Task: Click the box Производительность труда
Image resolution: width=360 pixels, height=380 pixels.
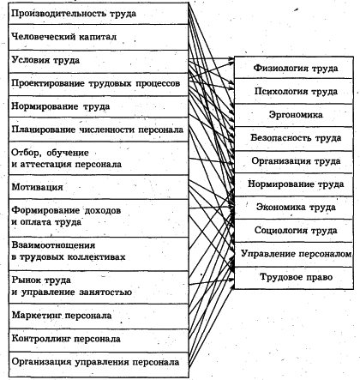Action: click(x=94, y=15)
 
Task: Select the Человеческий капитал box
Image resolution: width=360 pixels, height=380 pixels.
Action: click(x=94, y=38)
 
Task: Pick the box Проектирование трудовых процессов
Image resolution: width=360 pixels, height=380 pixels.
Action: click(x=94, y=84)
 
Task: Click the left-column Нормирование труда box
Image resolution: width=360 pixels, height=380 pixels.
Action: click(x=94, y=107)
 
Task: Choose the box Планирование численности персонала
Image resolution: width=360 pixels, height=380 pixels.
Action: click(x=94, y=130)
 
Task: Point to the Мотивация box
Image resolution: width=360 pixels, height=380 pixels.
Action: click(x=94, y=185)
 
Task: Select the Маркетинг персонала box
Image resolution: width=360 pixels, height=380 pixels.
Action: click(x=94, y=316)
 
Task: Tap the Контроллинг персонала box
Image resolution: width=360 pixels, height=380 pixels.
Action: click(x=94, y=339)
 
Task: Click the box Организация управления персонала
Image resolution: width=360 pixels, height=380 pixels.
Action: click(x=94, y=363)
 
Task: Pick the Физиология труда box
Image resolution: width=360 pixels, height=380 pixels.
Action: click(x=294, y=68)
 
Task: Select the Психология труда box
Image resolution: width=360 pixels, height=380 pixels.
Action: click(x=294, y=90)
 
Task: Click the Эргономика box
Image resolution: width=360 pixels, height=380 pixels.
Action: click(x=294, y=113)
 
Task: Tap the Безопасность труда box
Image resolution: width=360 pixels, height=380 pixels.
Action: click(x=294, y=136)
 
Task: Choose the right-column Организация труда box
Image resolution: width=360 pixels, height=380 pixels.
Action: click(x=294, y=160)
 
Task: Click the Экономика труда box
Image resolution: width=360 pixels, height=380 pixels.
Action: click(x=294, y=208)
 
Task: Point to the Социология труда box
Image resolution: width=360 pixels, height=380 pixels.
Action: click(x=294, y=231)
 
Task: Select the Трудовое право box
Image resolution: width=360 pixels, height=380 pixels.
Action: click(x=294, y=278)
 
